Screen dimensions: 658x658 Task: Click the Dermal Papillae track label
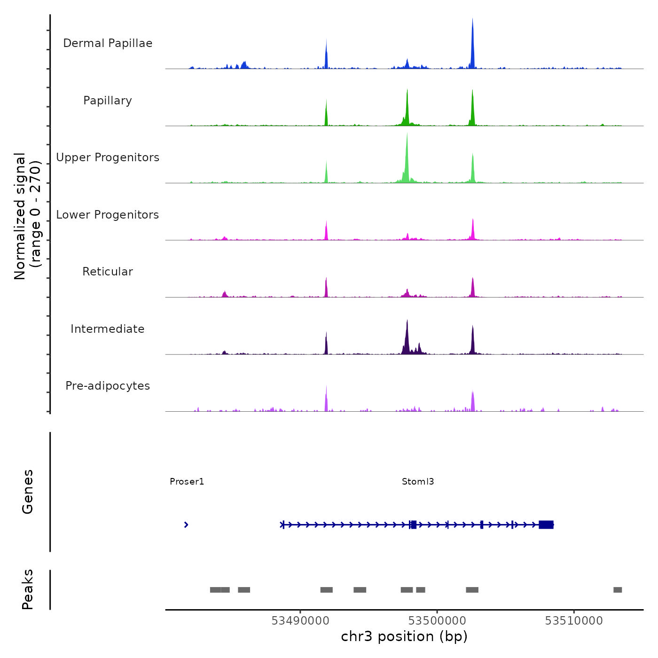tap(108, 43)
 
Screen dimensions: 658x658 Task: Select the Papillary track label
tap(108, 101)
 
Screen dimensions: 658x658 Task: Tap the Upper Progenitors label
tap(108, 157)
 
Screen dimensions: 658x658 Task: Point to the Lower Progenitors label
tap(108, 215)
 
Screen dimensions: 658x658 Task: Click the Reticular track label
tap(108, 272)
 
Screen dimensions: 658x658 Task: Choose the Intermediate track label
tap(108, 329)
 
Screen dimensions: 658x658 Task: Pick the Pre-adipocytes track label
tap(108, 386)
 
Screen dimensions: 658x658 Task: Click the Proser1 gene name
tap(187, 482)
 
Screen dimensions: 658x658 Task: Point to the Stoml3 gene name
tap(418, 482)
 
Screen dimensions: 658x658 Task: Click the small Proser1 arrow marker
tap(186, 525)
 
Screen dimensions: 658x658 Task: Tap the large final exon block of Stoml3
tap(546, 525)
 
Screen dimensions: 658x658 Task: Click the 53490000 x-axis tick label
tap(300, 621)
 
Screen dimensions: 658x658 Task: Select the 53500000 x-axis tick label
tap(437, 621)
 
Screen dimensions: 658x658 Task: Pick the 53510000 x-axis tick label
tap(574, 621)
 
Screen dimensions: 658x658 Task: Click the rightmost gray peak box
tap(618, 590)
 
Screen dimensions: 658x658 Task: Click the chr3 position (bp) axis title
tap(404, 637)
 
